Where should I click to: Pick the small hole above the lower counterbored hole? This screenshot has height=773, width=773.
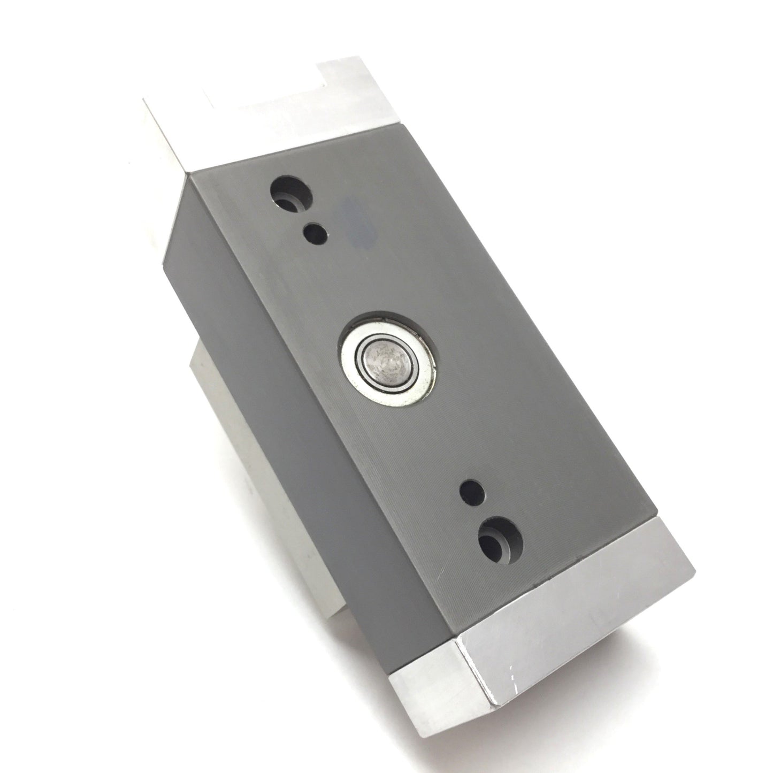pyautogui.click(x=473, y=489)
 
